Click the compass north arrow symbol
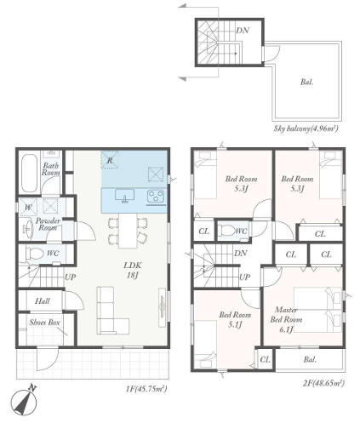(24, 403)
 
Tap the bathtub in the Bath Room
(30, 173)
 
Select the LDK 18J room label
(133, 270)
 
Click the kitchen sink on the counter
(125, 197)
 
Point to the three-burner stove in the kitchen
(156, 197)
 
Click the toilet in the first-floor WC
(34, 253)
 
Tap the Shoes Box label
(45, 323)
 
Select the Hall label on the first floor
(43, 301)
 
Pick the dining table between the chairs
(128, 231)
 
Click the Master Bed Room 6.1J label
(286, 319)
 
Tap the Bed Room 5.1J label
(235, 319)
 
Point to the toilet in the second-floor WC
(228, 230)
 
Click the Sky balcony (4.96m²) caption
(306, 129)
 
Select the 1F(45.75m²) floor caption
(146, 388)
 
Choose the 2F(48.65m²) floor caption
(323, 383)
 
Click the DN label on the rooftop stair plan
(243, 30)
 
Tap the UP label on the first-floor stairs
(71, 277)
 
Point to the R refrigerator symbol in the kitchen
(110, 160)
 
